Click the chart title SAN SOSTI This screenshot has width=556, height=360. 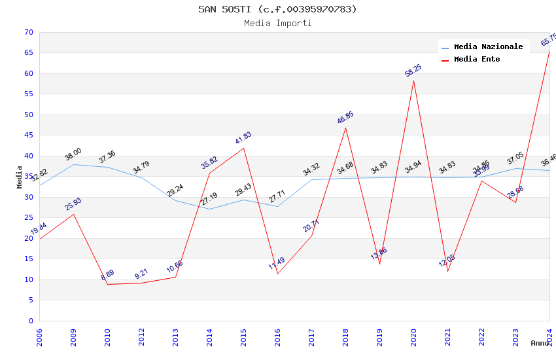click(277, 9)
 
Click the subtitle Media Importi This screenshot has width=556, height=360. click(277, 24)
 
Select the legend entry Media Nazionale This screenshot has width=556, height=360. click(488, 47)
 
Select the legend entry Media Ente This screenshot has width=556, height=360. click(477, 60)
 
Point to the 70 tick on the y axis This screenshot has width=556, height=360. click(28, 32)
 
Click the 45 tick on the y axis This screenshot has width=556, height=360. click(28, 135)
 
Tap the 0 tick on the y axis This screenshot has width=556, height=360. click(30, 321)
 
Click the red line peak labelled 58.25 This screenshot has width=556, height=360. click(413, 81)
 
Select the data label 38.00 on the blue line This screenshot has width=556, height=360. click(73, 154)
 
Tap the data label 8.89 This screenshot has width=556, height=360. click(107, 276)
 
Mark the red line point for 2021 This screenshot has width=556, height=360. click(447, 271)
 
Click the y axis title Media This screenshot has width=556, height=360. click(20, 177)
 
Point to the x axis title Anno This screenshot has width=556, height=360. click(540, 343)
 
